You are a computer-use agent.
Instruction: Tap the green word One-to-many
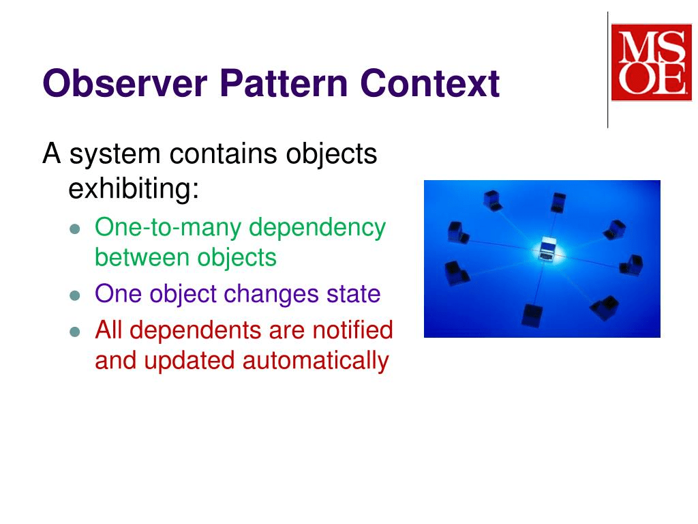[168, 227]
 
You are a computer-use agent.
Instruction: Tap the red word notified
[353, 330]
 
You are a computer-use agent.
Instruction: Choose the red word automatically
[316, 360]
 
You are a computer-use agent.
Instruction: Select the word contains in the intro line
[224, 154]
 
